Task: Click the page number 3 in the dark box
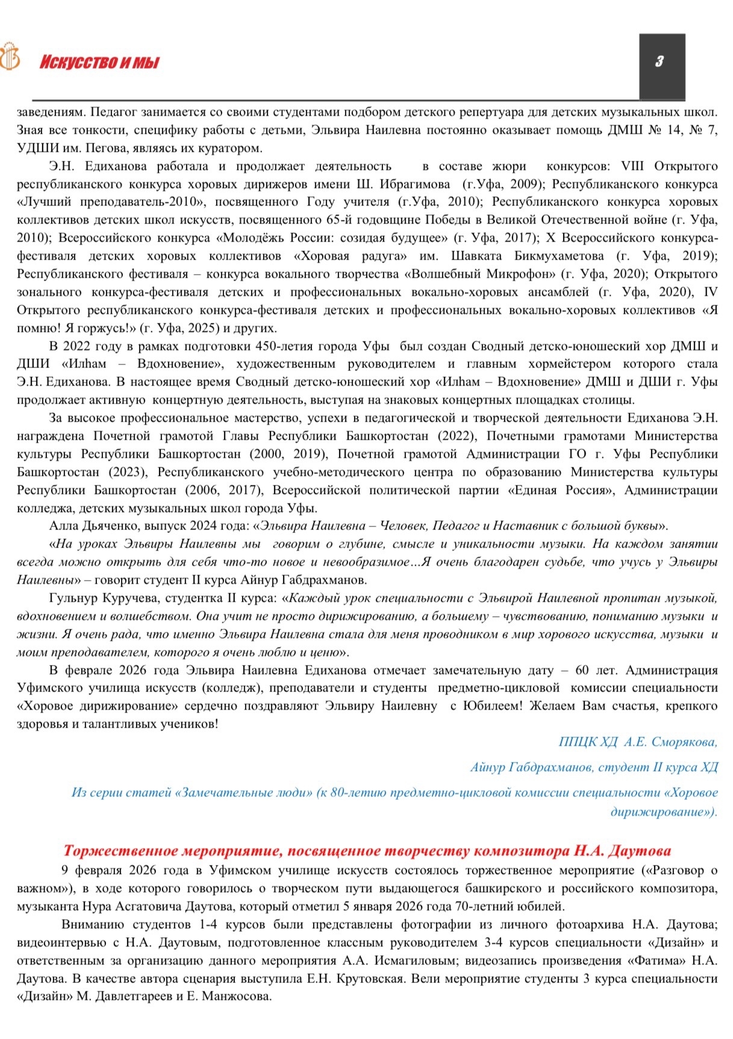661,61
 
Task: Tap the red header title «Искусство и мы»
99,63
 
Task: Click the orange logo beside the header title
10,57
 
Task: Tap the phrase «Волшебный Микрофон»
480,274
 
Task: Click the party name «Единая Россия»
561,490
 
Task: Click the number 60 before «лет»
582,670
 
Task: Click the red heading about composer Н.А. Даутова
367,851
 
